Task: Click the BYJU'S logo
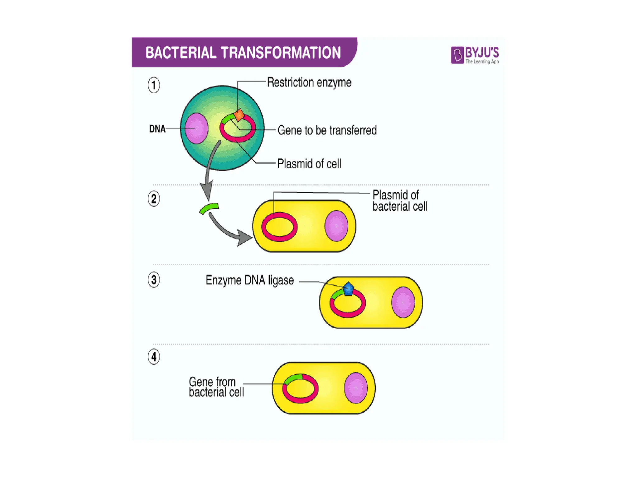coord(475,55)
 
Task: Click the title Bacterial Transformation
coord(243,53)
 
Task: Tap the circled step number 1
coord(154,85)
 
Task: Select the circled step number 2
coord(154,199)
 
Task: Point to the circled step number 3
coord(154,279)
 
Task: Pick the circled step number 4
coord(154,357)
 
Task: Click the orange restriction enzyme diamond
coord(239,115)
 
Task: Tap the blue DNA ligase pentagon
coord(348,289)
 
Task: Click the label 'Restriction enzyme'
coord(309,82)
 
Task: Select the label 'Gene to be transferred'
coord(327,130)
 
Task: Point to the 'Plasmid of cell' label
coord(309,164)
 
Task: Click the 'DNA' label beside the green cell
coord(157,129)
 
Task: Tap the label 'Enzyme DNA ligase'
coord(249,280)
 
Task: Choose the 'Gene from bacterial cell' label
coord(216,387)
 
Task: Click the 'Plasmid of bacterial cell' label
coord(400,201)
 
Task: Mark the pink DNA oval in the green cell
coord(196,128)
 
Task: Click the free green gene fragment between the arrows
coord(209,208)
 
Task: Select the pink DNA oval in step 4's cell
coord(356,388)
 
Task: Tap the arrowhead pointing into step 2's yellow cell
coord(244,238)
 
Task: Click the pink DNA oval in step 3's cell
coord(403,302)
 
